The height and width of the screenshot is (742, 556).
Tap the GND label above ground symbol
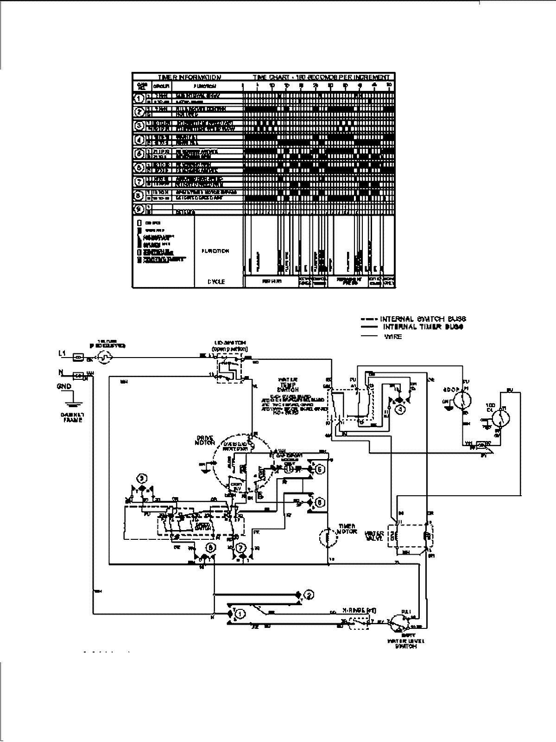(x=64, y=386)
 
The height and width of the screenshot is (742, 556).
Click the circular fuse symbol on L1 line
(x=104, y=357)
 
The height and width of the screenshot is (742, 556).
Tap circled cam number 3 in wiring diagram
(x=143, y=477)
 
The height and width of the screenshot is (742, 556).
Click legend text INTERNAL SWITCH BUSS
(x=423, y=319)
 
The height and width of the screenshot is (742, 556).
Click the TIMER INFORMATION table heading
(x=190, y=77)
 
